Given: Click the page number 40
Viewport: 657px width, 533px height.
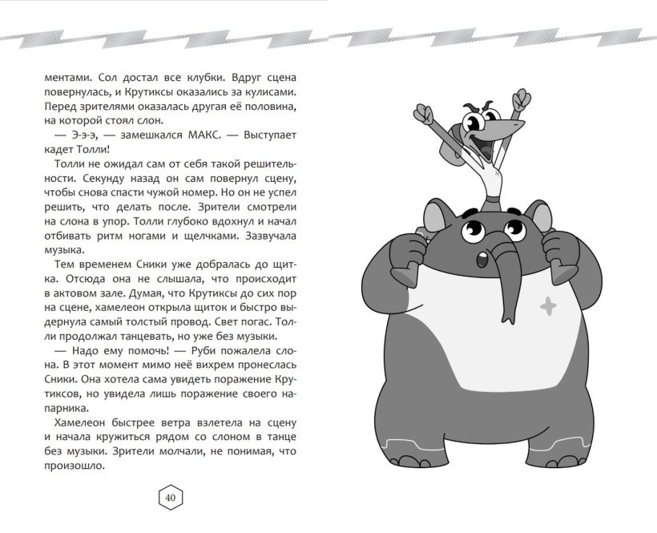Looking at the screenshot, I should click(171, 499).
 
